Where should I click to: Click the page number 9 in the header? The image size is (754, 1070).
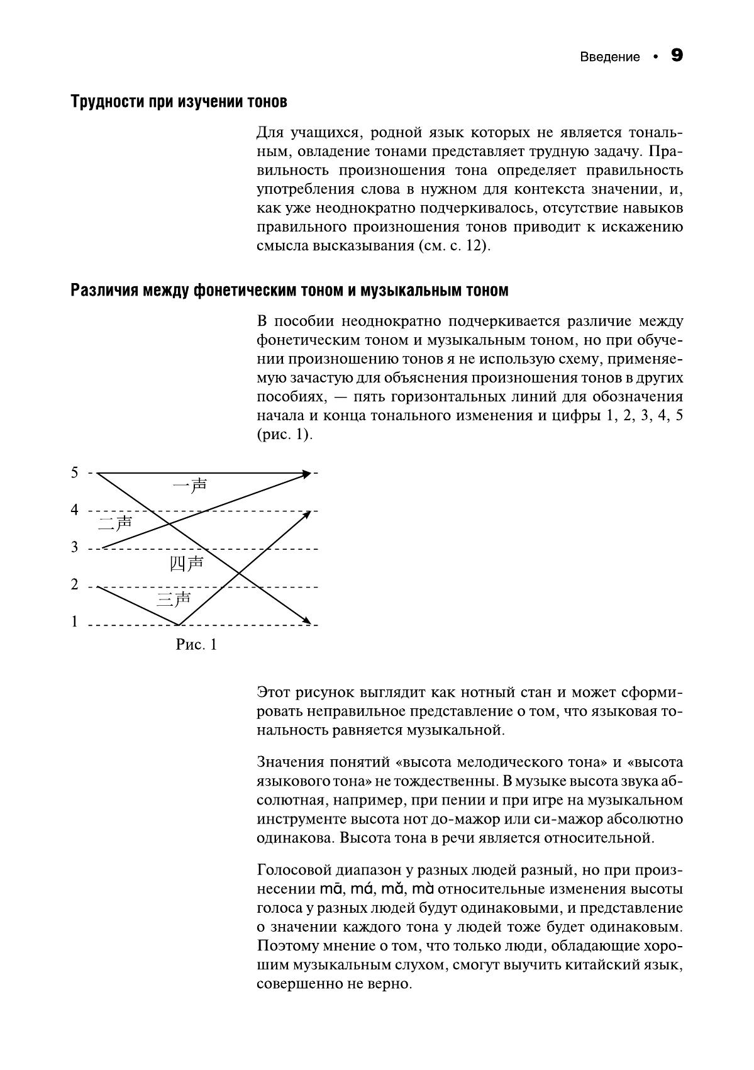pos(677,55)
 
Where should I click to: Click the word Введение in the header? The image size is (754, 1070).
pos(609,57)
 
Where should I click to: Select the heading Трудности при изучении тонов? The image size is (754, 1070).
pos(179,101)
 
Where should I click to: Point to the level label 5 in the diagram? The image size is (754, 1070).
pos(75,472)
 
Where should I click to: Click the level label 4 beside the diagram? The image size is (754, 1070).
pos(75,510)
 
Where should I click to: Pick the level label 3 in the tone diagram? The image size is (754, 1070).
pos(75,547)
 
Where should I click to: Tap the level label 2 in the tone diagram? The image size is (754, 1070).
pos(75,585)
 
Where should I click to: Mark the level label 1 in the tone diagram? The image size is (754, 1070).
pos(75,622)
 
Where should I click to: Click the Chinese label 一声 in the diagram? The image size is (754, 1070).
pos(190,485)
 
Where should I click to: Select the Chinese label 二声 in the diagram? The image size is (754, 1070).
pos(115,523)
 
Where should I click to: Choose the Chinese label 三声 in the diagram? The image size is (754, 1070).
pos(174,599)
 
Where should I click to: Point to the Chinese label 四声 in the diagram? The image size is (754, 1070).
pos(187,563)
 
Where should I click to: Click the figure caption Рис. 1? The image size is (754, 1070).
pos(196,645)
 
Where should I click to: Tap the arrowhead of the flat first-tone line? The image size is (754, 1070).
pos(307,473)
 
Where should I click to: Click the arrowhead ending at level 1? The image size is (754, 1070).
pos(307,621)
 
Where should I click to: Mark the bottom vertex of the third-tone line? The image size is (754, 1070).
pos(179,625)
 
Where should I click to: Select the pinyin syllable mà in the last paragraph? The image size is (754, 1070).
pos(423,889)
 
